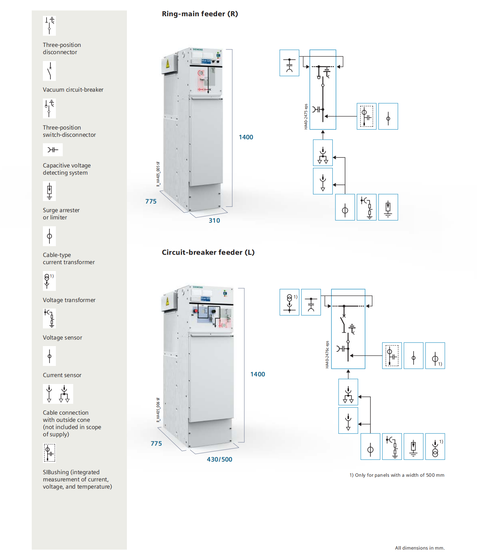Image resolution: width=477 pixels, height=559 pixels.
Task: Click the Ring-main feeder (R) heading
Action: (x=200, y=14)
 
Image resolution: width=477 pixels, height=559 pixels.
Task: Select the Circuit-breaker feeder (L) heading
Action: (x=208, y=253)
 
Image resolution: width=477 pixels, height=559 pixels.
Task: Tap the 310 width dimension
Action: (x=214, y=220)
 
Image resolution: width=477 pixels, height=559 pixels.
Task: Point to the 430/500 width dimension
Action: (x=219, y=459)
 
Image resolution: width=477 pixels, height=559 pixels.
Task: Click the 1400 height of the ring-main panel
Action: (x=246, y=137)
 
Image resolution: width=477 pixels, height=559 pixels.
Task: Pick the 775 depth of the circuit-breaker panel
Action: (x=156, y=444)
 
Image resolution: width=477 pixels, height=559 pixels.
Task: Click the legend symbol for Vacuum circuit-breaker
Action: (x=49, y=71)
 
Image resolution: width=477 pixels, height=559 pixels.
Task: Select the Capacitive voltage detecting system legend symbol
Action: (x=53, y=150)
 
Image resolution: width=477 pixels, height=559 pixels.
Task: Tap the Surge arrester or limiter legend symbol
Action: (x=49, y=191)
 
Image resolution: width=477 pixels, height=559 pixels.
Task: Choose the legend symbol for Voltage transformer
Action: (x=49, y=281)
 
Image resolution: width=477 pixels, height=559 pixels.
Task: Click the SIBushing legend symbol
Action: (x=49, y=453)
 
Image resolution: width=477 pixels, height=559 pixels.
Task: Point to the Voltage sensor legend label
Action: (x=62, y=338)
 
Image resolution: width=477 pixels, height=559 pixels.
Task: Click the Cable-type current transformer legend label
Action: (x=69, y=259)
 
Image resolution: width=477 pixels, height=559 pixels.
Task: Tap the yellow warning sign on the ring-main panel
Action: (x=168, y=64)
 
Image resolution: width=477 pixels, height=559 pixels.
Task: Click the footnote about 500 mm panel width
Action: (x=397, y=475)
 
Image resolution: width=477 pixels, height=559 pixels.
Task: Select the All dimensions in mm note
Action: (x=420, y=548)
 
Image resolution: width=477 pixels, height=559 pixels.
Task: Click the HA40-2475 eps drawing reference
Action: (x=306, y=117)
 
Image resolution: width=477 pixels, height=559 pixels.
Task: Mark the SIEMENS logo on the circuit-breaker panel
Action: (x=198, y=287)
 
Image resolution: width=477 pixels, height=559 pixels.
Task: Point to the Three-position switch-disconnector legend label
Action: (x=69, y=131)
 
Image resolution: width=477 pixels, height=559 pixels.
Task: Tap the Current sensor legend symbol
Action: (x=49, y=356)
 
